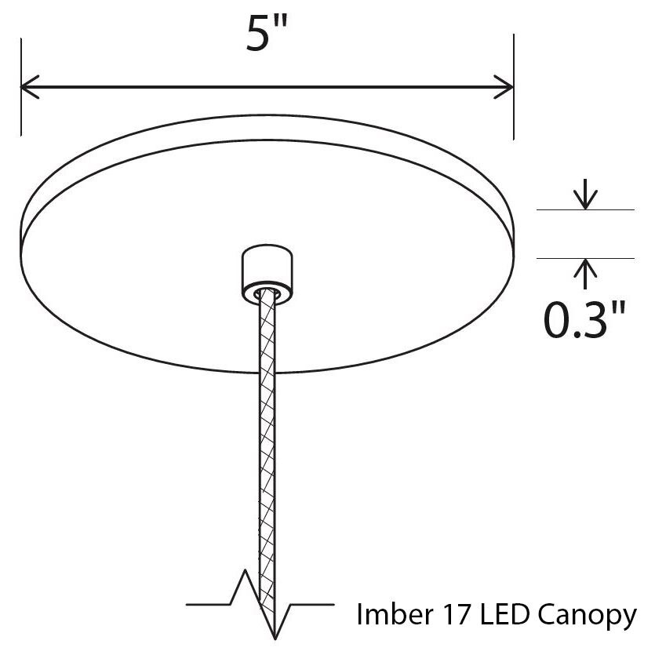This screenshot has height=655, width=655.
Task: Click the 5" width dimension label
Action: [267, 34]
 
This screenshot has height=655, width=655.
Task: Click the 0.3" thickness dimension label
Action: [585, 319]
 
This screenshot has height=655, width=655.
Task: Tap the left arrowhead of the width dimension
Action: [29, 87]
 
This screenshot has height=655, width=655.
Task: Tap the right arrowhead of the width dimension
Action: [504, 87]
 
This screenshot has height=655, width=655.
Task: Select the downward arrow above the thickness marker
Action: [586, 194]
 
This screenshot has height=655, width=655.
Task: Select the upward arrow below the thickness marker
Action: [586, 274]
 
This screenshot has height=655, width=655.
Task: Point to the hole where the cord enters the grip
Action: [267, 293]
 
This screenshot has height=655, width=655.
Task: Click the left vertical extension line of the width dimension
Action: [21, 87]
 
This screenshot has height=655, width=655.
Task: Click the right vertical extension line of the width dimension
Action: [513, 87]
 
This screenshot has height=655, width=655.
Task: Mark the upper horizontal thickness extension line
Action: [586, 209]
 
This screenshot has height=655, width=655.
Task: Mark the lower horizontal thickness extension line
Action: [586, 259]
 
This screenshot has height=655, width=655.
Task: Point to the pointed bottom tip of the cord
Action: [275, 639]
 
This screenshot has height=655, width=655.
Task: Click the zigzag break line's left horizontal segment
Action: [208, 605]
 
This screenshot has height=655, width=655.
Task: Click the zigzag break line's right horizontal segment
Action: [312, 605]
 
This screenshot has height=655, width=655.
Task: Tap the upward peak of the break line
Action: [245, 569]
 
